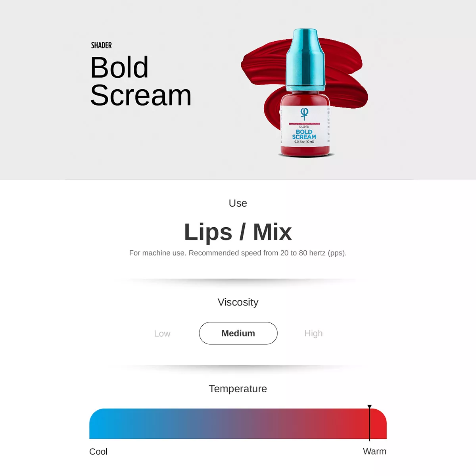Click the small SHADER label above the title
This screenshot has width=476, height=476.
pos(101,45)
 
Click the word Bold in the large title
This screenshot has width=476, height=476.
pos(119,67)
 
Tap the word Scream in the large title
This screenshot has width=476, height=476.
pos(141,95)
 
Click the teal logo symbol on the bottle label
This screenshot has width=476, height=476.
pos(304,113)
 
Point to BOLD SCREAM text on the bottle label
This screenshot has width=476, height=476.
pos(304,134)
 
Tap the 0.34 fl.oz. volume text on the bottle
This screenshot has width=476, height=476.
pos(304,142)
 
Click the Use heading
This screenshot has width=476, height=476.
pos(238,203)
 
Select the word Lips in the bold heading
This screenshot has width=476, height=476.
pos(208,232)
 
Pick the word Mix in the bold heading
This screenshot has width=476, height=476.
pos(273,232)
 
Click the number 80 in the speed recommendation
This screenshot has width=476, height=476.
pos(303,253)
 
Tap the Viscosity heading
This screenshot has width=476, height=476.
pos(238,302)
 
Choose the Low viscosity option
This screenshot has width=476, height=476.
pos(162,334)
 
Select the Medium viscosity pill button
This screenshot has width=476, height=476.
pos(238,333)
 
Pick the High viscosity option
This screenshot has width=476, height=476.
pos(313,334)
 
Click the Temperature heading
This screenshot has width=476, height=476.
pos(238,389)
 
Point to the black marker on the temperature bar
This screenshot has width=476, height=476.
pos(369,423)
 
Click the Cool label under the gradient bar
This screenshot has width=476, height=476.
pos(98,452)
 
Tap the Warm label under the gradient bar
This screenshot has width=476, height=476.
pos(374,451)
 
